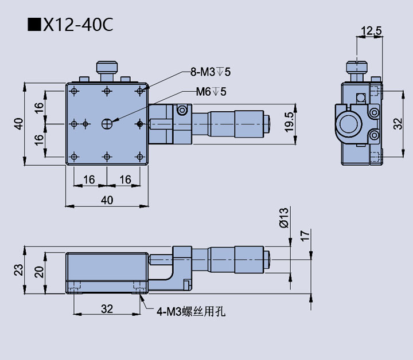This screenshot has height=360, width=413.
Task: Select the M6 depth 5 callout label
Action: click(x=211, y=91)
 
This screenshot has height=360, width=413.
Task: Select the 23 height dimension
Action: click(x=18, y=269)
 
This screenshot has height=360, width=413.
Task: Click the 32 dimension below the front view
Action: click(x=107, y=309)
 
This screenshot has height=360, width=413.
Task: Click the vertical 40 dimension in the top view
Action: click(x=18, y=123)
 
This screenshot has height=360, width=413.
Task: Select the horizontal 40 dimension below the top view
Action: click(x=107, y=199)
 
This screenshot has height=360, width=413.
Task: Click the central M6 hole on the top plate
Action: click(x=107, y=123)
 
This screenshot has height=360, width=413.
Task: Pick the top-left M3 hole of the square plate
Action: click(x=74, y=91)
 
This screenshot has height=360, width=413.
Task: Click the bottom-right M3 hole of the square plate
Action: click(x=140, y=155)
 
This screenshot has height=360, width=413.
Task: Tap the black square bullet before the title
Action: click(x=34, y=25)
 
